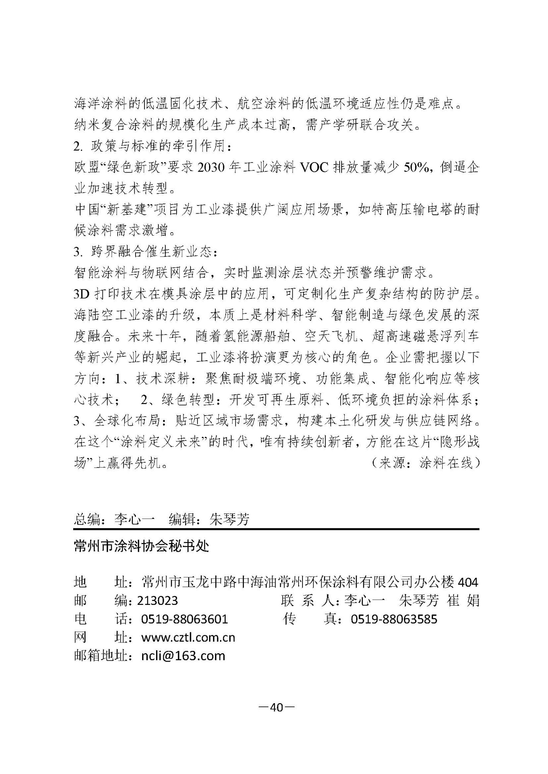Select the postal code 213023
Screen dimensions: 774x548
coord(158,601)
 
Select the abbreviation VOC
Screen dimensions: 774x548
coord(313,168)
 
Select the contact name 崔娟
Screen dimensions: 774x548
coord(463,601)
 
